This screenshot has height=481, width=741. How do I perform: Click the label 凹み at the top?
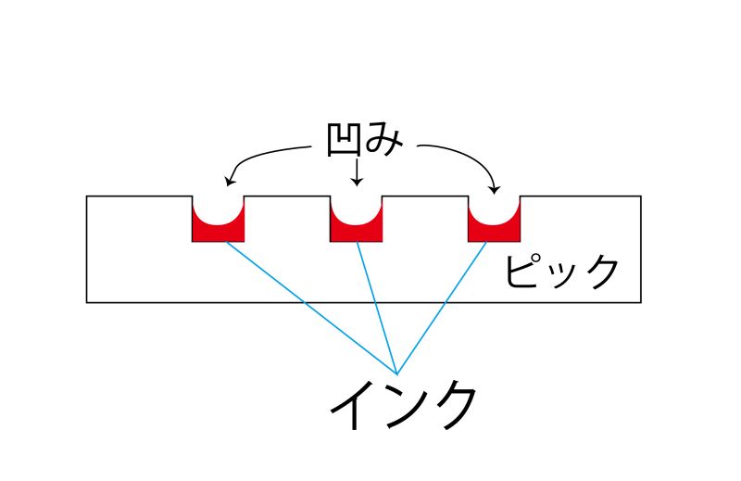[x=364, y=141]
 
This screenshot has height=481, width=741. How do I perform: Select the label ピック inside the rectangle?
[x=560, y=272]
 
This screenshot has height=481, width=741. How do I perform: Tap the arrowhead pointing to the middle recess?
[x=357, y=182]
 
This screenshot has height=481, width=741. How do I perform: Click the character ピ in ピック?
[x=524, y=272]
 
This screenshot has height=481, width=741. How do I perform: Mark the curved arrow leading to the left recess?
[x=264, y=153]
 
